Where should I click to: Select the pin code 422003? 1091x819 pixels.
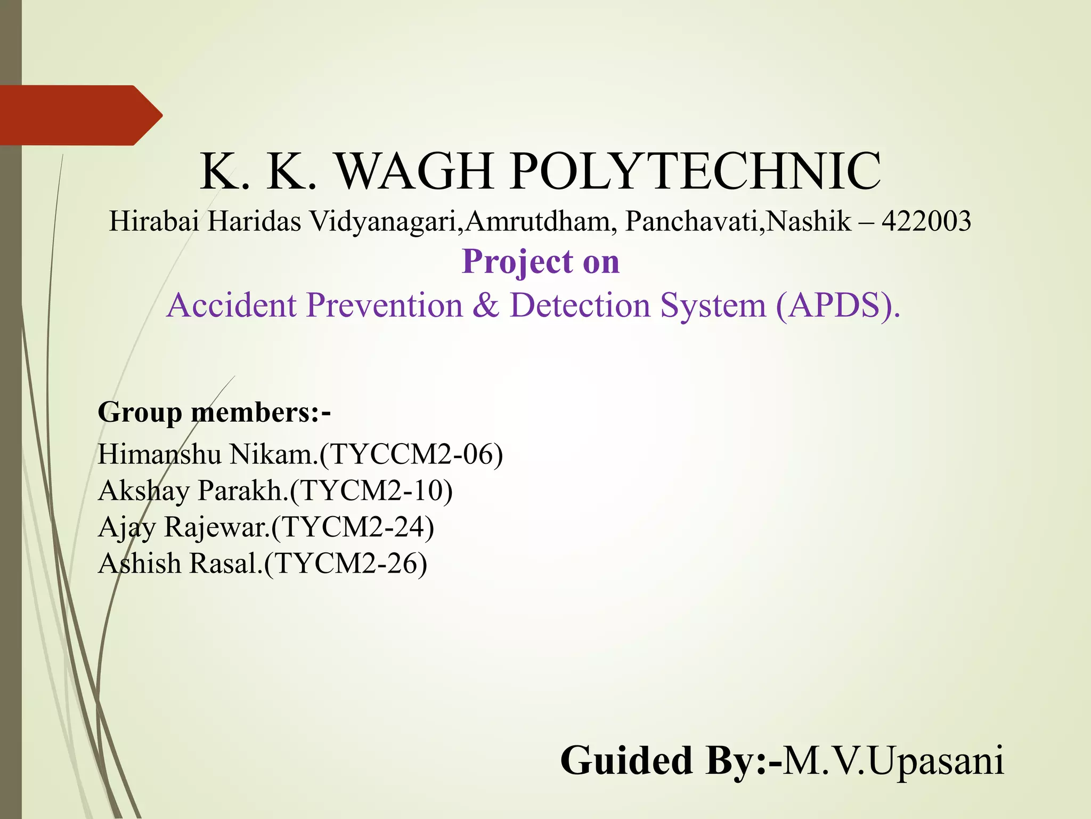[x=926, y=222]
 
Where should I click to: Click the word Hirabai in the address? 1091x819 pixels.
[x=154, y=222]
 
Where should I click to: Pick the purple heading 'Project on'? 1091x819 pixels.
[x=541, y=262]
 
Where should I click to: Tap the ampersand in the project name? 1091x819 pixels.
[x=485, y=306]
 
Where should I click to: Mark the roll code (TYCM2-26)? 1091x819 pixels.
[x=346, y=564]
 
